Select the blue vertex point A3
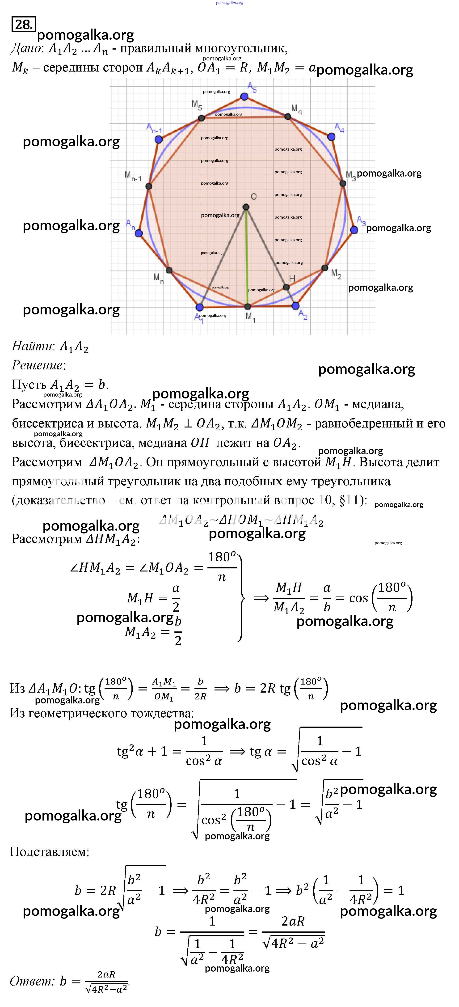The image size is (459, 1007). (354, 230)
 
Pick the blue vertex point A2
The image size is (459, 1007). (295, 306)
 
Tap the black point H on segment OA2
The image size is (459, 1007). (286, 287)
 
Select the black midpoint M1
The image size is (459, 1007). (247, 307)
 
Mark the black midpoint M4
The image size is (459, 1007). (288, 117)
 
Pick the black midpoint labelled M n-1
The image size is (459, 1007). (149, 186)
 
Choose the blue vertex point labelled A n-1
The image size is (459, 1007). (158, 139)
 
